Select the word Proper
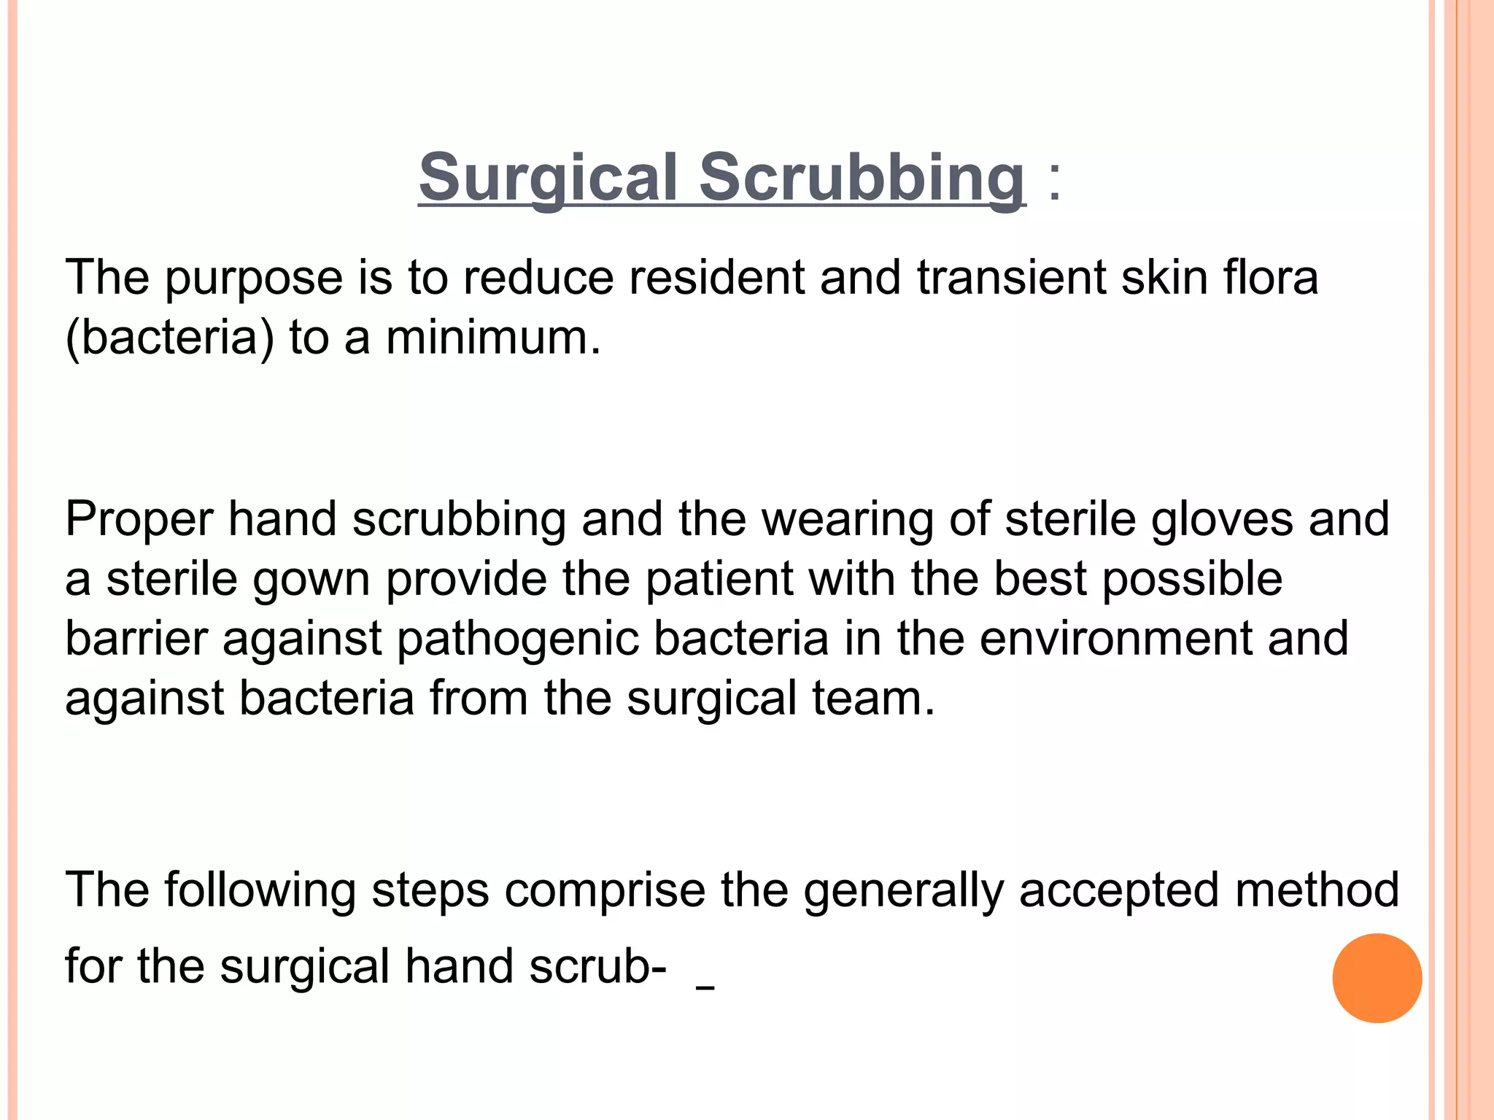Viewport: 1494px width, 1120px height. tap(139, 520)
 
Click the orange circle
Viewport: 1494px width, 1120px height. tap(1377, 978)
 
